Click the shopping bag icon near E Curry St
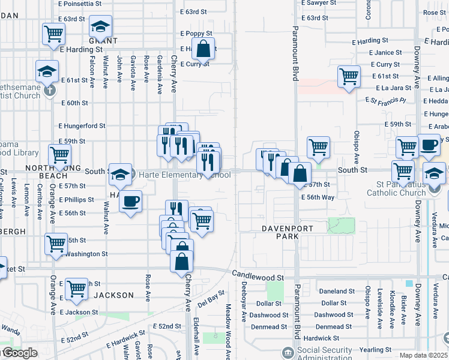(203, 50)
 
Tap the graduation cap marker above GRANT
(100, 27)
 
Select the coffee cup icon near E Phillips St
(130, 200)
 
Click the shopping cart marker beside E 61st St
(349, 77)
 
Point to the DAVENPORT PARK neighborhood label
(280, 233)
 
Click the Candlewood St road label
(258, 278)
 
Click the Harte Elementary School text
(184, 175)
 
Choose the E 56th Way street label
(318, 197)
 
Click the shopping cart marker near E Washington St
(56, 244)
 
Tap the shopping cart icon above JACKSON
(76, 289)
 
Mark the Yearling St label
(375, 350)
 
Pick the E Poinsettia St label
(80, 4)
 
